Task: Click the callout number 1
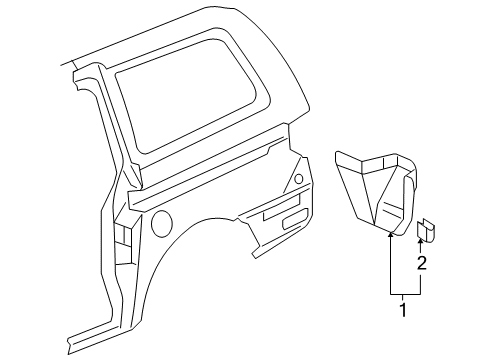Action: (x=403, y=310)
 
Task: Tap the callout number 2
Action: (x=422, y=264)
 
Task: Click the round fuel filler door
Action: (x=161, y=222)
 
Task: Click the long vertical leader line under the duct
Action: (x=387, y=265)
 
